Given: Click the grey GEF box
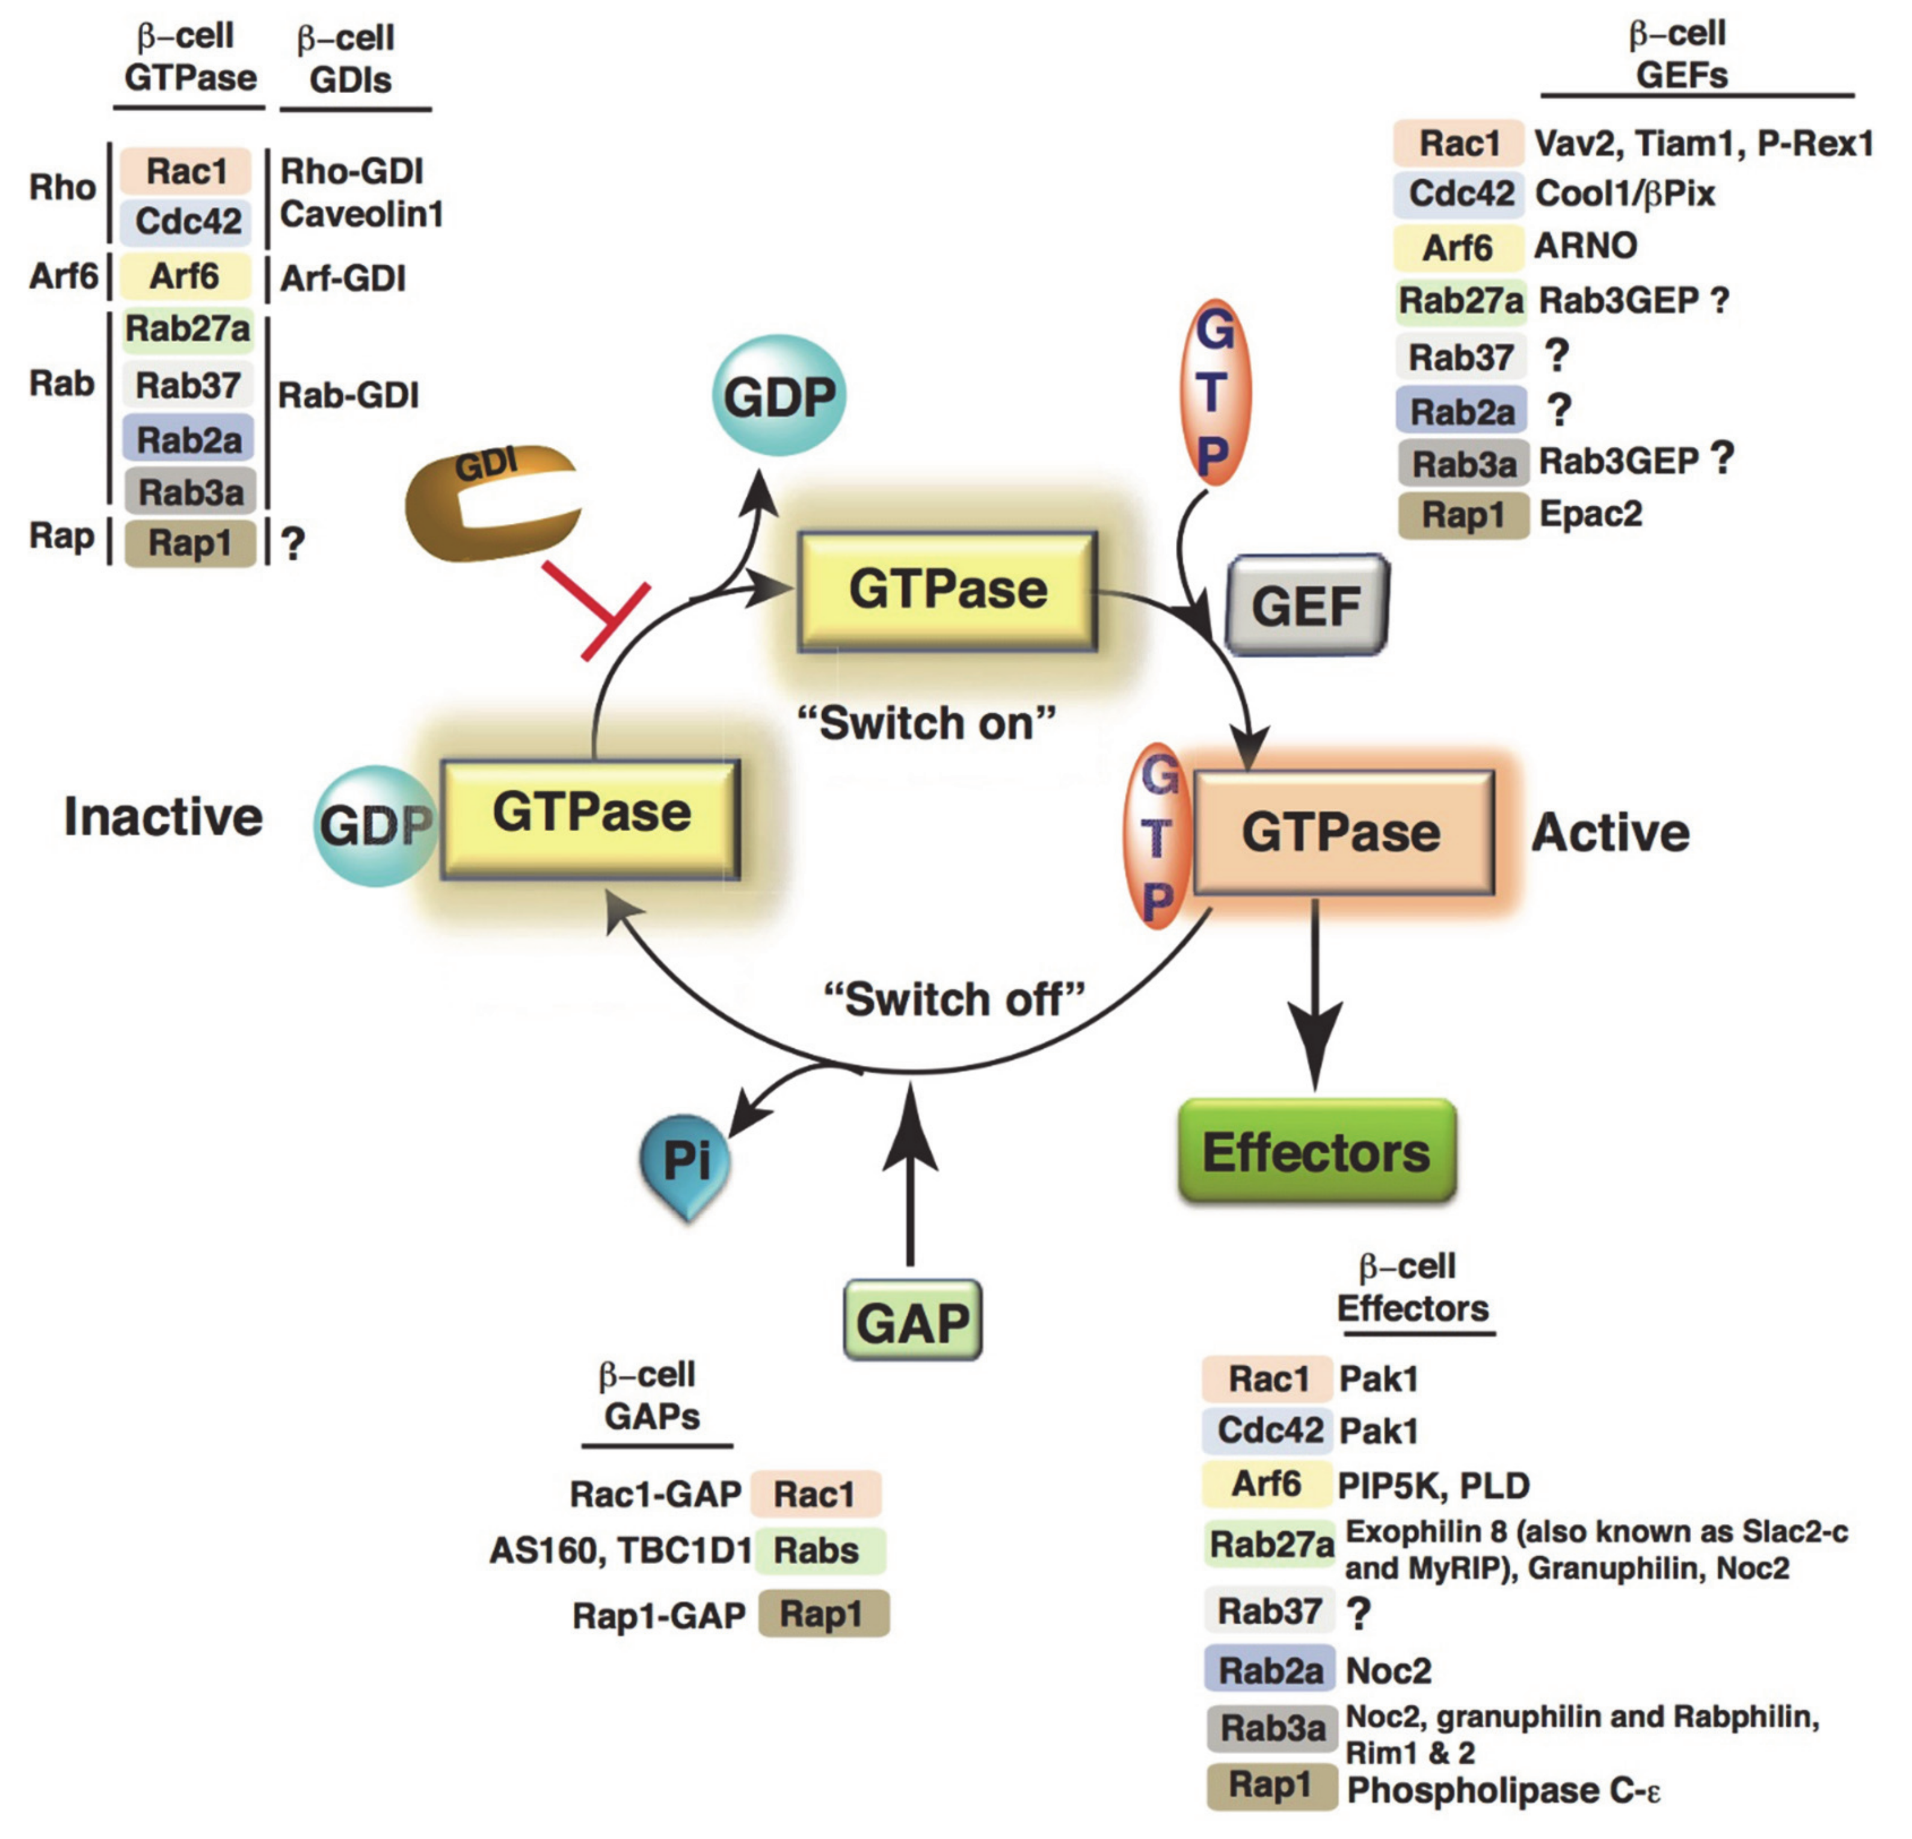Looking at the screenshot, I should (1305, 606).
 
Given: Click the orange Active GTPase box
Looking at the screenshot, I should (1342, 832).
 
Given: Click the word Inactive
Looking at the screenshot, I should (163, 817).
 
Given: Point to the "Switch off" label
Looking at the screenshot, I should (954, 999).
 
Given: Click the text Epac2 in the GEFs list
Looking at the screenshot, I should (1590, 513).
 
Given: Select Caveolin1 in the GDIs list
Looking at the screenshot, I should (361, 213).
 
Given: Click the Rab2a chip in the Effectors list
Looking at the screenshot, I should (1269, 1670).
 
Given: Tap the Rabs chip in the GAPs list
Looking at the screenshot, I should (817, 1550).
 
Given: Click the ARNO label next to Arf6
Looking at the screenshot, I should (1585, 246).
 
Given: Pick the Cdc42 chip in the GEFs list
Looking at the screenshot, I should (1459, 193).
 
